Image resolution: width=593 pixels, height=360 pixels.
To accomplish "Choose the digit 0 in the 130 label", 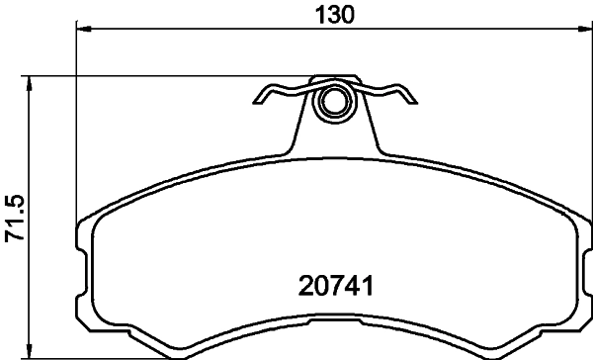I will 349,14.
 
